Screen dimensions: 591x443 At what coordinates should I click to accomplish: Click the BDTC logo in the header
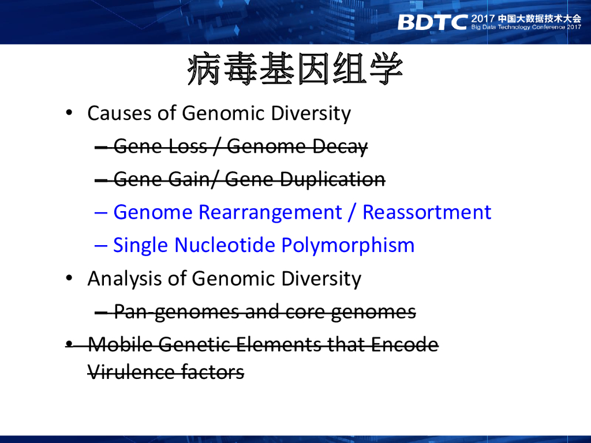pyautogui.click(x=432, y=22)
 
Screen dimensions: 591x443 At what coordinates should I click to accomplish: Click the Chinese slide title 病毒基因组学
pyautogui.click(x=295, y=69)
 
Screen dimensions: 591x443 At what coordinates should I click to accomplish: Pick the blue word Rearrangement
pyautogui.click(x=270, y=212)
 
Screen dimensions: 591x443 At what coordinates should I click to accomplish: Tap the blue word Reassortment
pyautogui.click(x=427, y=212)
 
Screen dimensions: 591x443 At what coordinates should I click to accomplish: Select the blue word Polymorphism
pyautogui.click(x=348, y=246)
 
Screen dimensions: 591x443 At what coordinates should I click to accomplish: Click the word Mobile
pyautogui.click(x=120, y=344)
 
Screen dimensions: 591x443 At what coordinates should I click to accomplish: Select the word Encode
pyautogui.click(x=405, y=344)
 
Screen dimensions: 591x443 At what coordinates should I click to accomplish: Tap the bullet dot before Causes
pyautogui.click(x=69, y=112)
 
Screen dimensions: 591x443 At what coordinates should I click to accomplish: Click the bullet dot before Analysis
pyautogui.click(x=69, y=279)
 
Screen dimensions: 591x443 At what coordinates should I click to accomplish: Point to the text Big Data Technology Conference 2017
pyautogui.click(x=526, y=27)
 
